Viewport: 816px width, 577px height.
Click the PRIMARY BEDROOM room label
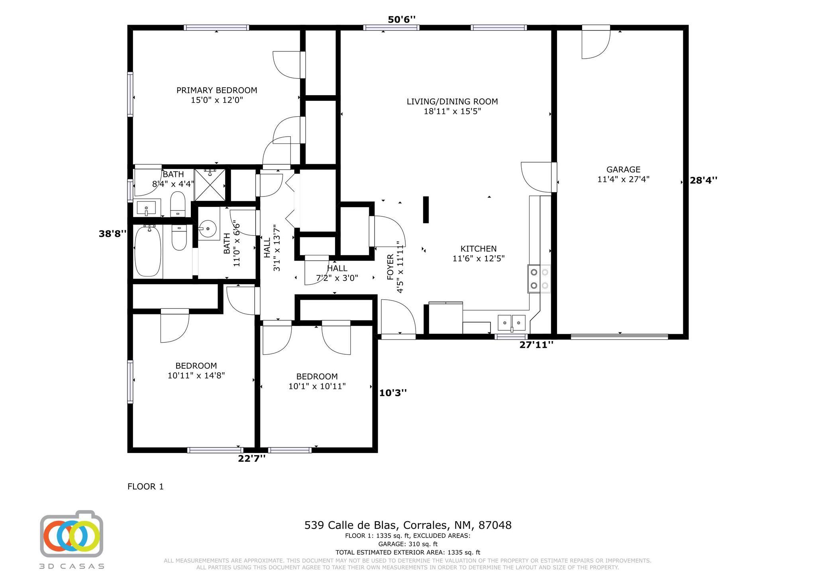(217, 90)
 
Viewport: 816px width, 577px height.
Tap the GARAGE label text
(623, 170)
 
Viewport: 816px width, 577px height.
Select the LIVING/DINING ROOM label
(452, 102)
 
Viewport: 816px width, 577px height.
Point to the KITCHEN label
(479, 249)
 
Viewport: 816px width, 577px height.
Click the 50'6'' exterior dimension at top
(402, 20)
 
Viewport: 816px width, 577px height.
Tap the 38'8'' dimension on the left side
(113, 234)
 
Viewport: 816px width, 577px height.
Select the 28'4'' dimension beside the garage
(704, 180)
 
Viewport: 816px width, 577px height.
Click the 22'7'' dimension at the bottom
(252, 459)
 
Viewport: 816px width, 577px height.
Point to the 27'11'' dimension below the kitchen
(536, 345)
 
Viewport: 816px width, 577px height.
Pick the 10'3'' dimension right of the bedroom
(393, 393)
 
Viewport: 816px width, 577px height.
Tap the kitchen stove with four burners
(539, 279)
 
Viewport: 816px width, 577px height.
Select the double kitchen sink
(512, 322)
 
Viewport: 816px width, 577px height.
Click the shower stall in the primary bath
(210, 185)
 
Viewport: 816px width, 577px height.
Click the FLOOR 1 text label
(145, 487)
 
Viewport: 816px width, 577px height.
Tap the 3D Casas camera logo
(72, 535)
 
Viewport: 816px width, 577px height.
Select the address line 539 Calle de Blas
(408, 525)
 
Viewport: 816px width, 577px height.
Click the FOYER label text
(390, 267)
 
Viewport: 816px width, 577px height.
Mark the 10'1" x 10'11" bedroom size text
(317, 386)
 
